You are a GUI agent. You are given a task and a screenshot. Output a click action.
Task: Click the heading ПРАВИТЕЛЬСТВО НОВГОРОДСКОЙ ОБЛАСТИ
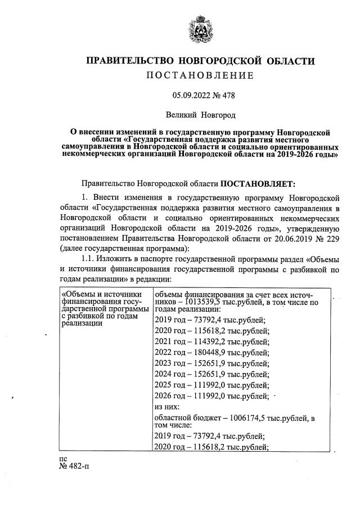click(200, 61)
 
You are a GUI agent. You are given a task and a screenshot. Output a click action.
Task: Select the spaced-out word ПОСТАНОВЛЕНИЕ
click(200, 75)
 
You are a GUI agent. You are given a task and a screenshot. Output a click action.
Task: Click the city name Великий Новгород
click(200, 115)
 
